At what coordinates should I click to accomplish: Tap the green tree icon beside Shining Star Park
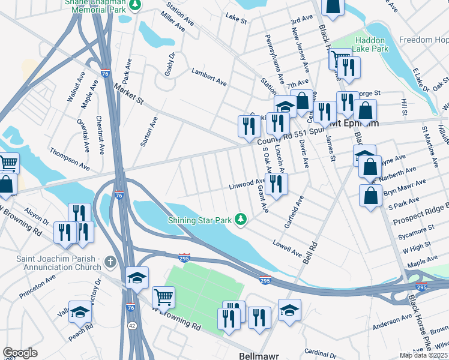(x=241, y=220)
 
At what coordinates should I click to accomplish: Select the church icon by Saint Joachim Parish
(x=109, y=262)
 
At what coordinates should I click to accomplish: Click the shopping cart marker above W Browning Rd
(x=163, y=296)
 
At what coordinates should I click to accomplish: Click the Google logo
(x=20, y=353)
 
